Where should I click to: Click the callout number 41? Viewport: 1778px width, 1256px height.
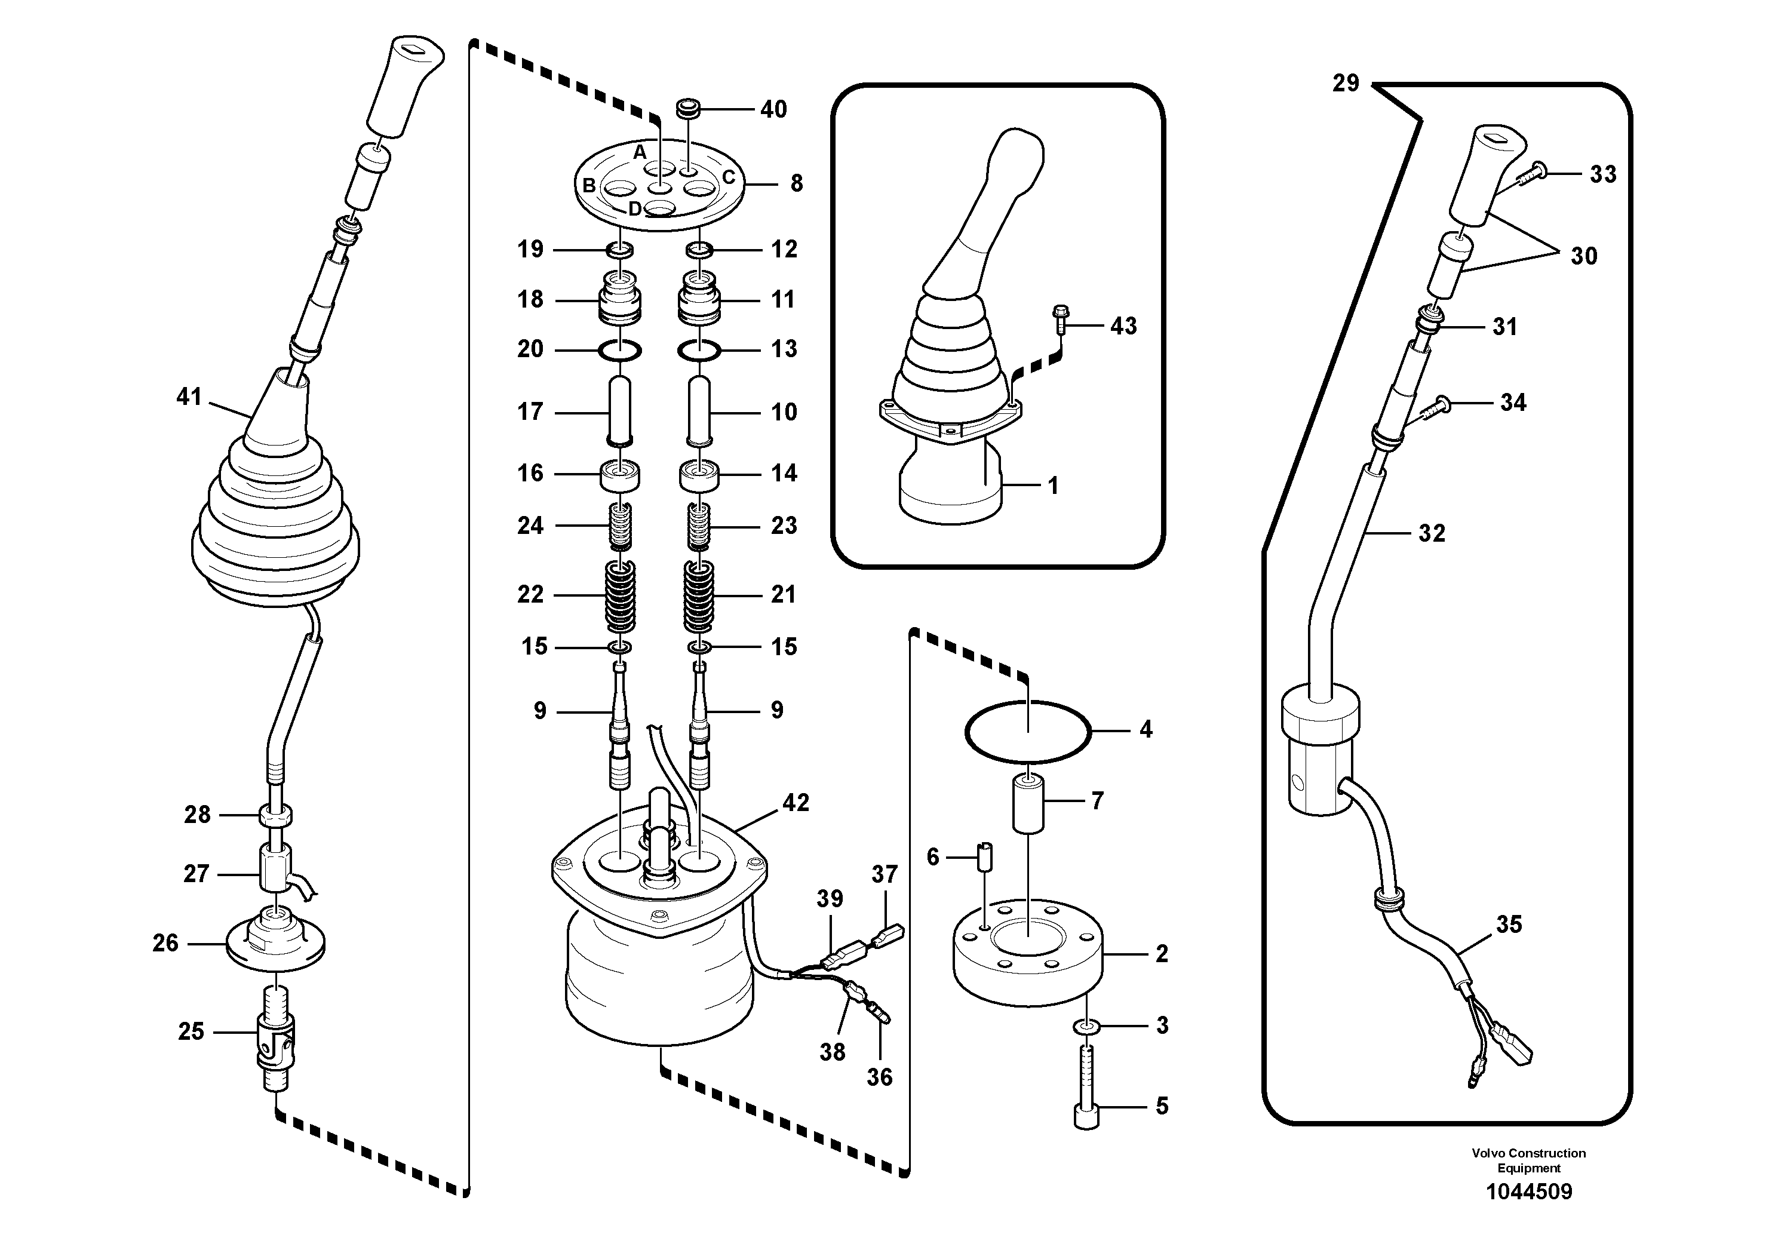[x=189, y=397]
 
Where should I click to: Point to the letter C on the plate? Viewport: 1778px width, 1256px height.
[x=729, y=177]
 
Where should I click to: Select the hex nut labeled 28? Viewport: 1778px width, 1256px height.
[x=276, y=815]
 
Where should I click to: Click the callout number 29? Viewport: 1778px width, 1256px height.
[x=1345, y=83]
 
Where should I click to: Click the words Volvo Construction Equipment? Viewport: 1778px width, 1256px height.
[x=1528, y=1160]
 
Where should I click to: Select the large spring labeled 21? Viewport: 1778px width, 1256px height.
[x=699, y=595]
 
